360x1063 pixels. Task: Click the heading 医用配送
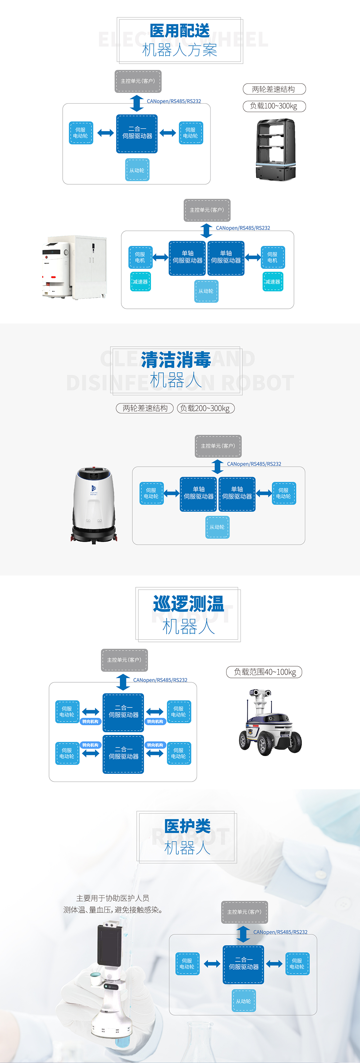tap(180, 31)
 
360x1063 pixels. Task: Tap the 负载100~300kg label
tap(274, 106)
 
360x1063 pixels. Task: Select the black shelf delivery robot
tap(275, 149)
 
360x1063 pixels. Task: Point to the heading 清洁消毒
tap(176, 360)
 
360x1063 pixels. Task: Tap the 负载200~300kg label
tap(206, 408)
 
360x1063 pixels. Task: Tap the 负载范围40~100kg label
tap(264, 672)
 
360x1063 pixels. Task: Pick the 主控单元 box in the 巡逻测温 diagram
tap(124, 660)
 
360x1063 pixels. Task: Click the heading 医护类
tap(187, 826)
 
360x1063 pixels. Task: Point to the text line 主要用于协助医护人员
tap(113, 898)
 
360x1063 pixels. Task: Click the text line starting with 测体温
tap(113, 909)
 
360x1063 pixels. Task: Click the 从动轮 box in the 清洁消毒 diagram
tap(217, 527)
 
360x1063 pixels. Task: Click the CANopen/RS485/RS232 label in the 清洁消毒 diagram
tap(254, 464)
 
